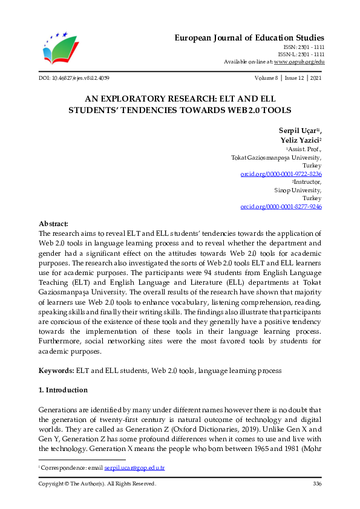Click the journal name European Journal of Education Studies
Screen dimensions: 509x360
pos(249,37)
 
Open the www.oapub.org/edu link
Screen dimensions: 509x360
pos(299,62)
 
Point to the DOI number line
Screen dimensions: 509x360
pos(74,78)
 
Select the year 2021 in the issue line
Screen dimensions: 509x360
pos(315,78)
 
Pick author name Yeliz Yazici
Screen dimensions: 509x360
pos(298,140)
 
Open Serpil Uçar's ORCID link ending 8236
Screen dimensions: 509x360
pos(281,173)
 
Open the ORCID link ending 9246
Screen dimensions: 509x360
pos(281,206)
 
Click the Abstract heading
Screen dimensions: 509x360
pos(54,223)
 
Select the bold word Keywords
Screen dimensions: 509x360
pos(56,369)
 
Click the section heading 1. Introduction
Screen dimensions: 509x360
pos(63,390)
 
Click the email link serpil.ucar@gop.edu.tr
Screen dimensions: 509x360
pos(135,468)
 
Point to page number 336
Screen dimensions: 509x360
pos(317,484)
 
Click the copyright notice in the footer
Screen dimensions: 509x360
pos(97,484)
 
